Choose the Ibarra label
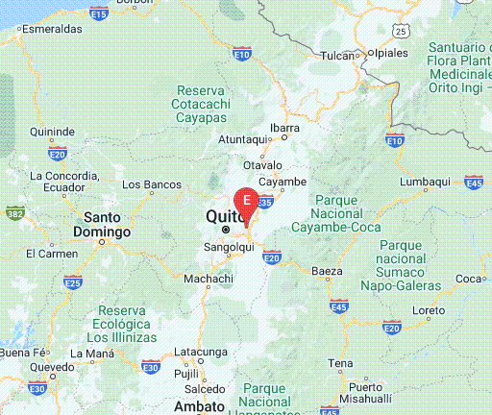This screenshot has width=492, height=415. pyautogui.click(x=284, y=127)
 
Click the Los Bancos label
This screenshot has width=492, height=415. pyautogui.click(x=152, y=183)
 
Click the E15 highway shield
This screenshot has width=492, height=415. pyautogui.click(x=98, y=12)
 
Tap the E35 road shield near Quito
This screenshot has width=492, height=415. pyautogui.click(x=266, y=202)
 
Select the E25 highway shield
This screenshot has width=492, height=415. pyautogui.click(x=73, y=281)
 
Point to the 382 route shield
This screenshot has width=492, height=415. pyautogui.click(x=14, y=211)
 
